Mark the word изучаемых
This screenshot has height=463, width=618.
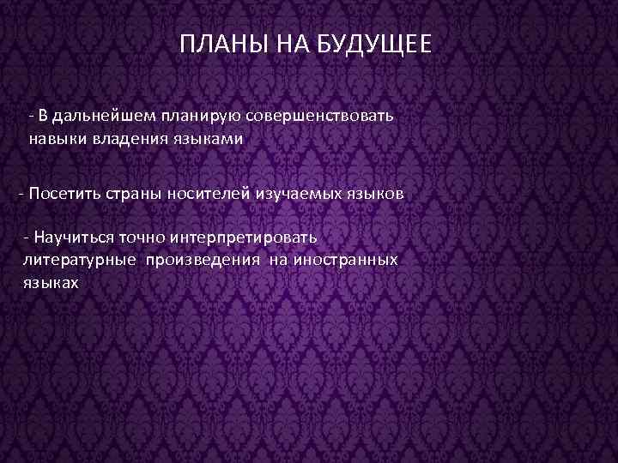point(300,193)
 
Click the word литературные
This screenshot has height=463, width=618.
point(80,259)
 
